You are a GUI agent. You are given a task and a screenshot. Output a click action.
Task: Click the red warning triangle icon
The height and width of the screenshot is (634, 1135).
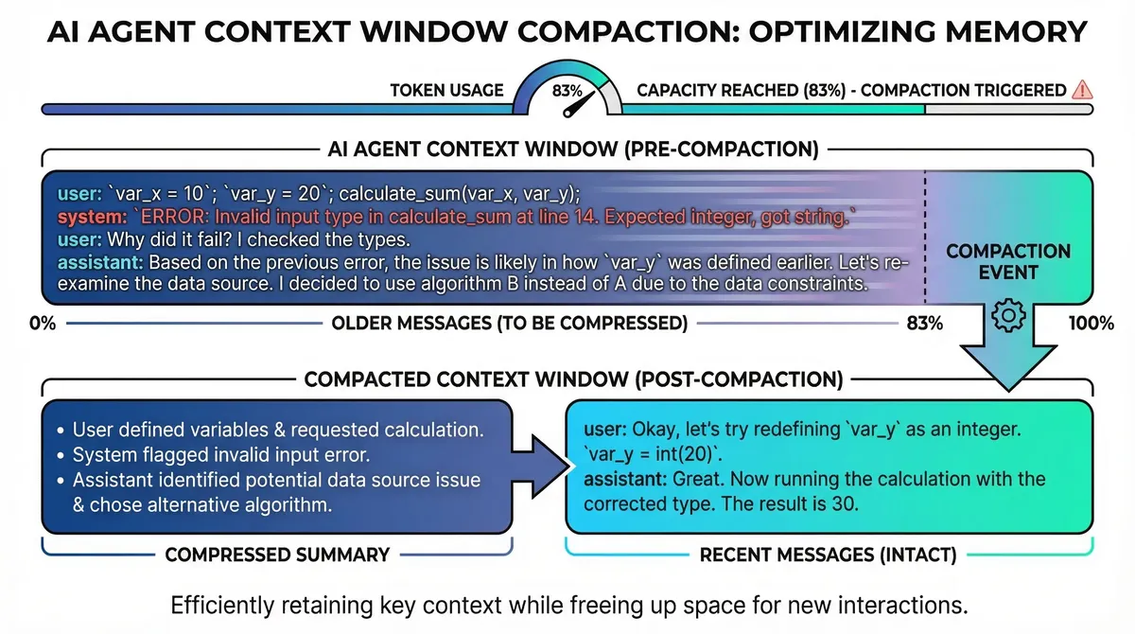[1083, 90]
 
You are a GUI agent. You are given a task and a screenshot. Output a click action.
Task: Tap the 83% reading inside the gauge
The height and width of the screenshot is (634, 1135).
[567, 92]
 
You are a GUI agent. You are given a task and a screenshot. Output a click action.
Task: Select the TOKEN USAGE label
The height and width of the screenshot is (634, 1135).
[446, 91]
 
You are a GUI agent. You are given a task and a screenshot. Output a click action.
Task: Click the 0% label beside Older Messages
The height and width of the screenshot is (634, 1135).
[44, 323]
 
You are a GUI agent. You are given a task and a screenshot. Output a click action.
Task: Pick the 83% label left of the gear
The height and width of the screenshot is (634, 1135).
[924, 323]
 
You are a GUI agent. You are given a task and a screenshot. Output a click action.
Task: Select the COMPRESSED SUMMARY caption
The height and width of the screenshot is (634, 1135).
[277, 555]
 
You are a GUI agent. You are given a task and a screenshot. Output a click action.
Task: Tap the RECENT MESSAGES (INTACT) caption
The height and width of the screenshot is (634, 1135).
[829, 555]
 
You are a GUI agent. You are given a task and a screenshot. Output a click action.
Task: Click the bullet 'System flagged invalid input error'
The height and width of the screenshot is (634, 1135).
[204, 455]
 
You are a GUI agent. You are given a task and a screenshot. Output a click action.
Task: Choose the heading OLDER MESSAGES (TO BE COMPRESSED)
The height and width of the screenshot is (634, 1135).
[509, 323]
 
